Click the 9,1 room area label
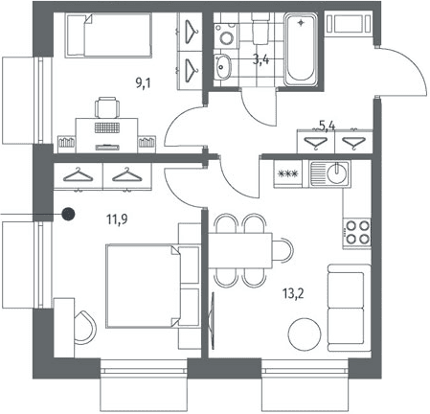coord(143,84)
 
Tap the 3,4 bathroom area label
coord(260,59)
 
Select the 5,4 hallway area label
coord(328,126)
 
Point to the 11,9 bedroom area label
coord(117,219)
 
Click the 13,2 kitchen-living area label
coord(293,293)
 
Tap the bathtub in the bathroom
coord(301,50)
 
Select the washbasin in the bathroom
coord(222,67)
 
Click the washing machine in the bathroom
coord(226,35)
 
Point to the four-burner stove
coord(357,233)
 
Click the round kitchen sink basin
coord(337,172)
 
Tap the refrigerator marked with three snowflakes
coord(288,173)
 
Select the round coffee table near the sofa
coord(305,334)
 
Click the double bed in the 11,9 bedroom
coord(144,286)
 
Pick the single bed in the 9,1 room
coord(108,35)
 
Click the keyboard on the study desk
coord(107,127)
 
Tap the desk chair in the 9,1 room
coord(107,107)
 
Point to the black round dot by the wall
coord(68,214)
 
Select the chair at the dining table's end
coord(283,250)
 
